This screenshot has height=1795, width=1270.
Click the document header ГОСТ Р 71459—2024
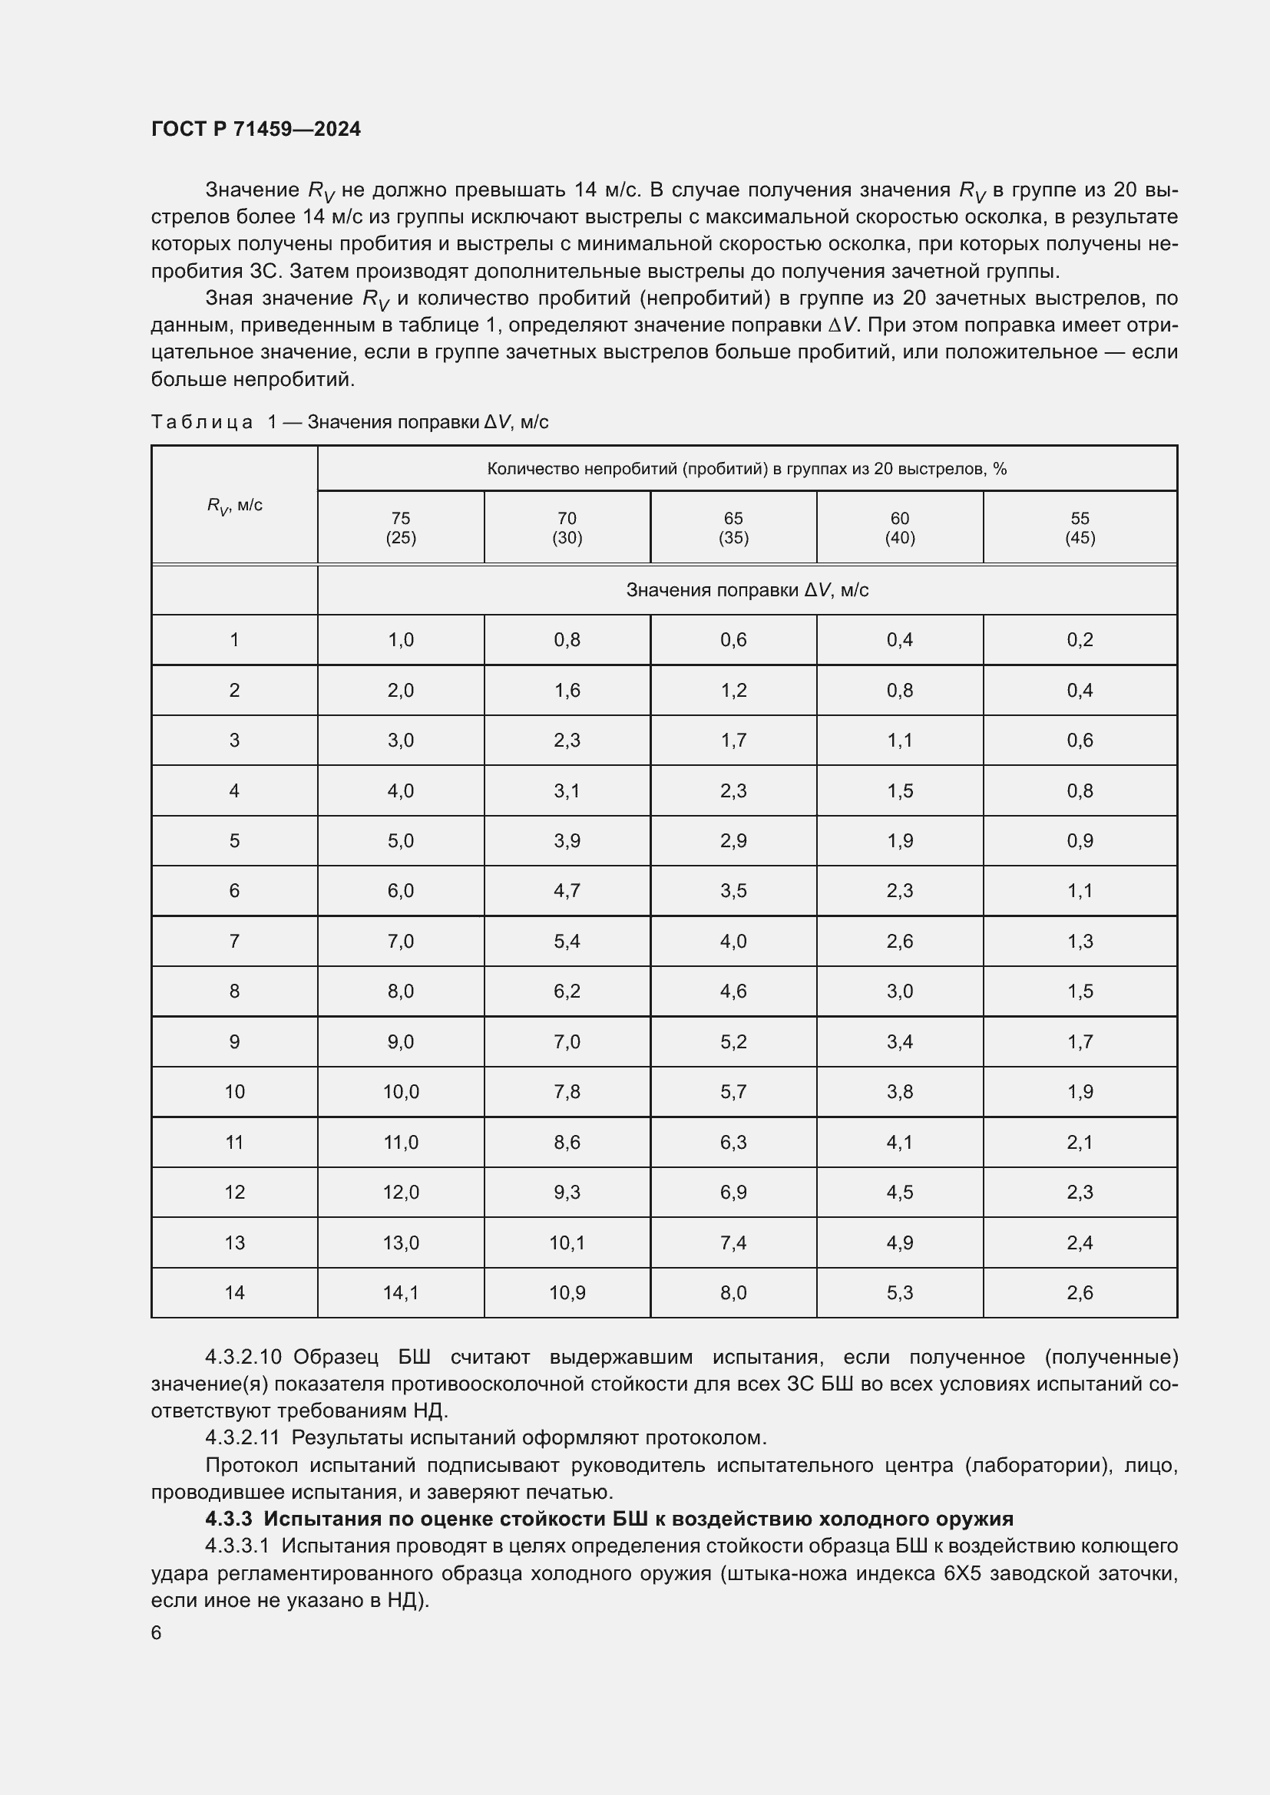click(x=256, y=129)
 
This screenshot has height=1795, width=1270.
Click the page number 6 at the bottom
click(x=157, y=1632)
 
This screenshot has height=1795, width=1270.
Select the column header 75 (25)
click(x=400, y=528)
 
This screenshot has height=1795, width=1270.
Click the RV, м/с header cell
click(x=235, y=505)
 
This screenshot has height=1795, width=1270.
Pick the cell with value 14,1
click(x=400, y=1292)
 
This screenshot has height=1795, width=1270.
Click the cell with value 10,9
click(x=567, y=1292)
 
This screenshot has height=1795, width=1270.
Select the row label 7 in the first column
click(x=235, y=942)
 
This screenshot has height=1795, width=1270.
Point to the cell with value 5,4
click(x=567, y=942)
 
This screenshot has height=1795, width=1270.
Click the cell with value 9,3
click(x=567, y=1193)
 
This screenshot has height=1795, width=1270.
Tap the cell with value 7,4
click(x=733, y=1242)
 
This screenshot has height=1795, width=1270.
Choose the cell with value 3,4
click(x=899, y=1041)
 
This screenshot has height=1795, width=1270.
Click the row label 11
click(x=235, y=1142)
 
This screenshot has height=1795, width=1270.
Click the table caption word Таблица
click(x=202, y=422)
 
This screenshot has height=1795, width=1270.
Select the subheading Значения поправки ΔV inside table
click(x=747, y=590)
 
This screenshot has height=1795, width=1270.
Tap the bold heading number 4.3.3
click(x=228, y=1518)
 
